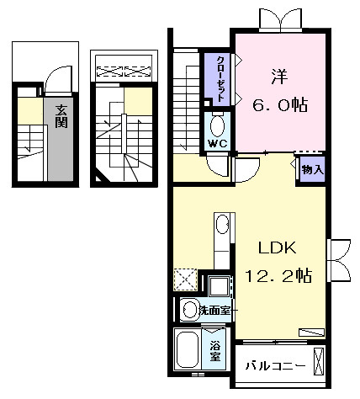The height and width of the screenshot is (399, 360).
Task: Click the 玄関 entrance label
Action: [x=61, y=116]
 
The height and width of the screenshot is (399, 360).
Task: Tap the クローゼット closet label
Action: [x=221, y=79]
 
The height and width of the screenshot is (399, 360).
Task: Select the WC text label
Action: [x=217, y=144]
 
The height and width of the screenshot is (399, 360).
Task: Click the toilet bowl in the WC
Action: [x=217, y=125]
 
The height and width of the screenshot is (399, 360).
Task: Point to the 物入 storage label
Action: [x=313, y=169]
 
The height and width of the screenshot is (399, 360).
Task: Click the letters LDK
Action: [x=278, y=247]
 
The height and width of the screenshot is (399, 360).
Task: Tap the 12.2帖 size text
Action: [x=278, y=275]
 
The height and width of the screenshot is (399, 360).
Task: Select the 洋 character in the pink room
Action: [x=279, y=77]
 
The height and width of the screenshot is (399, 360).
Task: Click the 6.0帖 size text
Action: [x=280, y=104]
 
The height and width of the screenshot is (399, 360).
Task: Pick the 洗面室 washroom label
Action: [x=214, y=310]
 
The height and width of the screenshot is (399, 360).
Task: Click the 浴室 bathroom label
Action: [x=215, y=351]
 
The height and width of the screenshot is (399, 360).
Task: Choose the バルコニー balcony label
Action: [x=275, y=366]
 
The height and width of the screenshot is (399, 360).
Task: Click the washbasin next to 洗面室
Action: [x=190, y=310]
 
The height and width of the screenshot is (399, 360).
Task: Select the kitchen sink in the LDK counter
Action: [x=223, y=224]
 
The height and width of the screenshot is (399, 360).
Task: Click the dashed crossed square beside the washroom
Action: [x=185, y=279]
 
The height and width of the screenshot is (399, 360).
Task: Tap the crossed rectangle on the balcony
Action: [x=318, y=361]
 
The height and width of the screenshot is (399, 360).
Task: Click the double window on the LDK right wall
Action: [x=339, y=260]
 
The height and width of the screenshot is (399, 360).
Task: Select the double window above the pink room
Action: [x=281, y=19]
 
